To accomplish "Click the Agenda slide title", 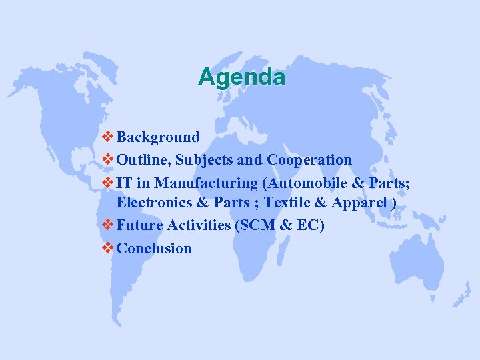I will coord(241,77).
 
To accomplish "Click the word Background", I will coord(158,137).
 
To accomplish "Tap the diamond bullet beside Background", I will coord(109,137).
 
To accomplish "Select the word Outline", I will coord(143,160).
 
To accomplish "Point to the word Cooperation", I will coord(309,160).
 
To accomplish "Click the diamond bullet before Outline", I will coord(109,160).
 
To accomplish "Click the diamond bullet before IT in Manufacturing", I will coord(109,183).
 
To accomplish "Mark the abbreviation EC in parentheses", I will coord(307,226).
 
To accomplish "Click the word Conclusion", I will coord(154,249).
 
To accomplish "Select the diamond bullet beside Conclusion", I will coord(109,249).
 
